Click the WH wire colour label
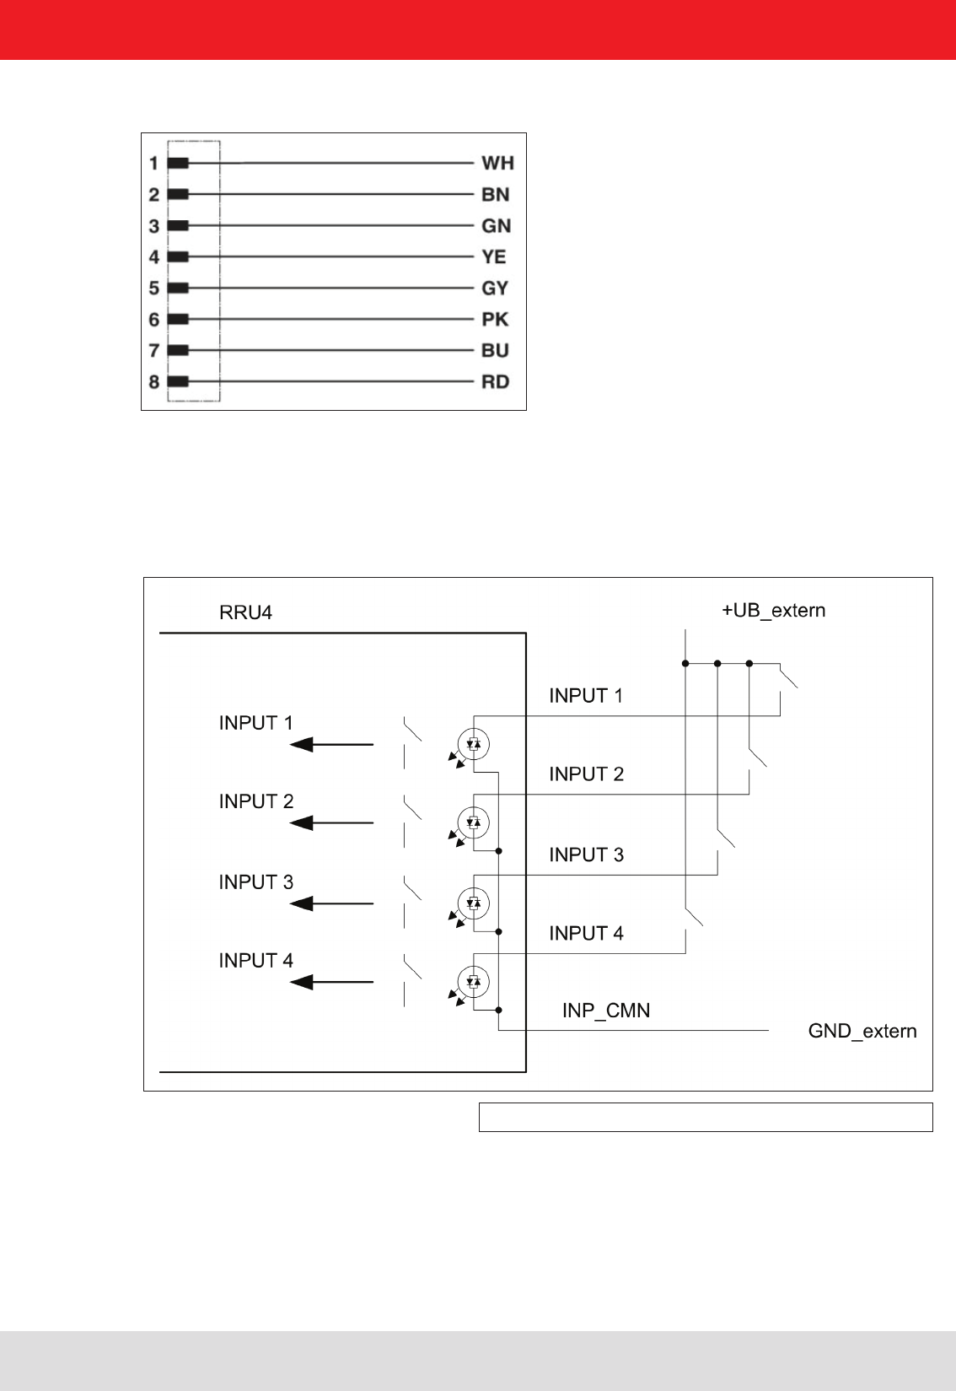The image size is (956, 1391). point(497,163)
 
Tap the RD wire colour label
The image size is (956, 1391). point(495,382)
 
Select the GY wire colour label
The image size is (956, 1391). point(495,288)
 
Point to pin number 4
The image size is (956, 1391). point(153,257)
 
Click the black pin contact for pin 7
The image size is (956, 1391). point(178,350)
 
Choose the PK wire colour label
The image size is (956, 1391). point(495,320)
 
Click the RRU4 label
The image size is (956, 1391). point(245,612)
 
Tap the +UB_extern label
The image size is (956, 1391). point(773,611)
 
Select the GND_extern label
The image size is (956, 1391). point(862,1031)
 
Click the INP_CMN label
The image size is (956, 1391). point(606,1011)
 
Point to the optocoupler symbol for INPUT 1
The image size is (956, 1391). point(473,744)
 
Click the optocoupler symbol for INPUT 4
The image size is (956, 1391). point(473,981)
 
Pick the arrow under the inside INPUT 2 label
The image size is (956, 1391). point(331,822)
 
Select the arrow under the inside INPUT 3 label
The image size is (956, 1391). point(331,903)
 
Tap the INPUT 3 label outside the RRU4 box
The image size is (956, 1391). point(586,855)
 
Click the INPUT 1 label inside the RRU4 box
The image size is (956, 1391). point(255,723)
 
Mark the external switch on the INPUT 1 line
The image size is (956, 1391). point(787,677)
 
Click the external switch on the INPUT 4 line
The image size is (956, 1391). point(693,917)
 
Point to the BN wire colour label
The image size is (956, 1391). point(495,195)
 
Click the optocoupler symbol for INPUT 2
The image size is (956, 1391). point(473,822)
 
